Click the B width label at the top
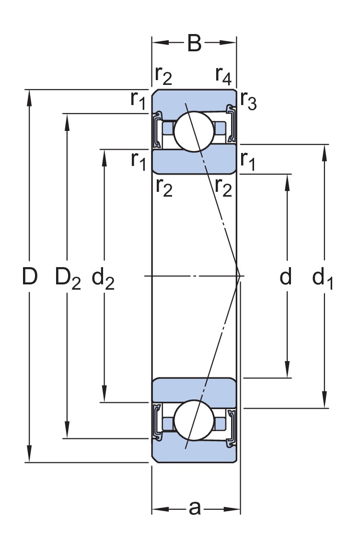click(x=194, y=43)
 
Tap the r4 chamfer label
click(x=224, y=74)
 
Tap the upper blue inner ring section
click(x=194, y=162)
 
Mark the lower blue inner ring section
click(x=194, y=389)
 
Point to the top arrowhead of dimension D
click(x=30, y=96)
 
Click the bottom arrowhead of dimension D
click(x=30, y=456)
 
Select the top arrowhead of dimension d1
click(x=325, y=151)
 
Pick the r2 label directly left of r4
click(x=163, y=74)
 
